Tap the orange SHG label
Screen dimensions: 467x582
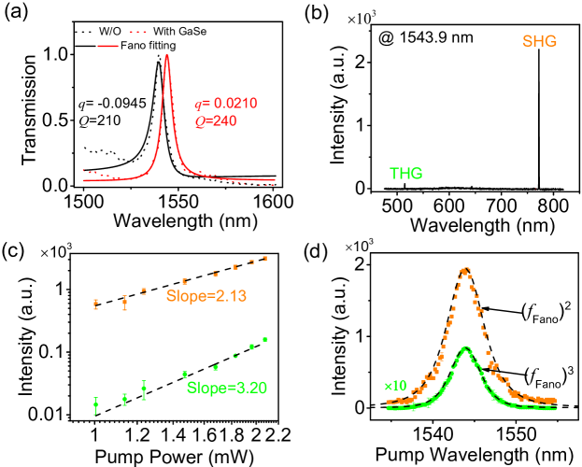542,43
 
